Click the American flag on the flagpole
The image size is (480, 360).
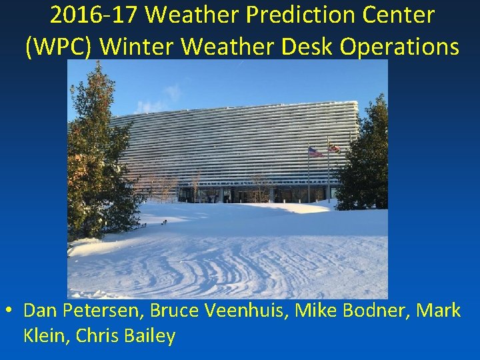[x=315, y=152]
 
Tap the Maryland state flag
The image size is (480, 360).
[x=334, y=148]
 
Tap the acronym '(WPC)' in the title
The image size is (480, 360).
[x=63, y=47]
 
